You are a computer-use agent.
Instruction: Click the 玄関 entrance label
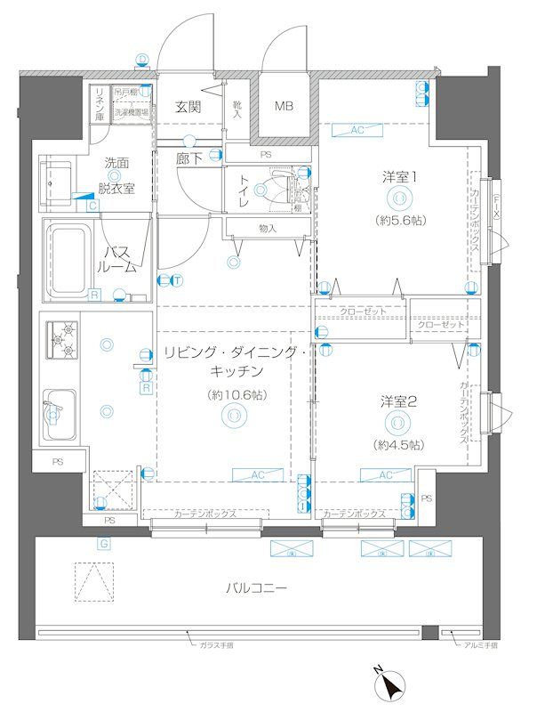coord(187,107)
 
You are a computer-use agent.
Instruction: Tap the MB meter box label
coord(283,107)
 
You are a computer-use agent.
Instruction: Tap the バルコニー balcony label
coord(256,588)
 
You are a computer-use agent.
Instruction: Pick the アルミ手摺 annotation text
coord(480,644)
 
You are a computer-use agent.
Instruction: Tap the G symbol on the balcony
coord(103,543)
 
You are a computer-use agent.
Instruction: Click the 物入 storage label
coord(267,229)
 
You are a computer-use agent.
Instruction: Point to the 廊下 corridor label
coord(188,159)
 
